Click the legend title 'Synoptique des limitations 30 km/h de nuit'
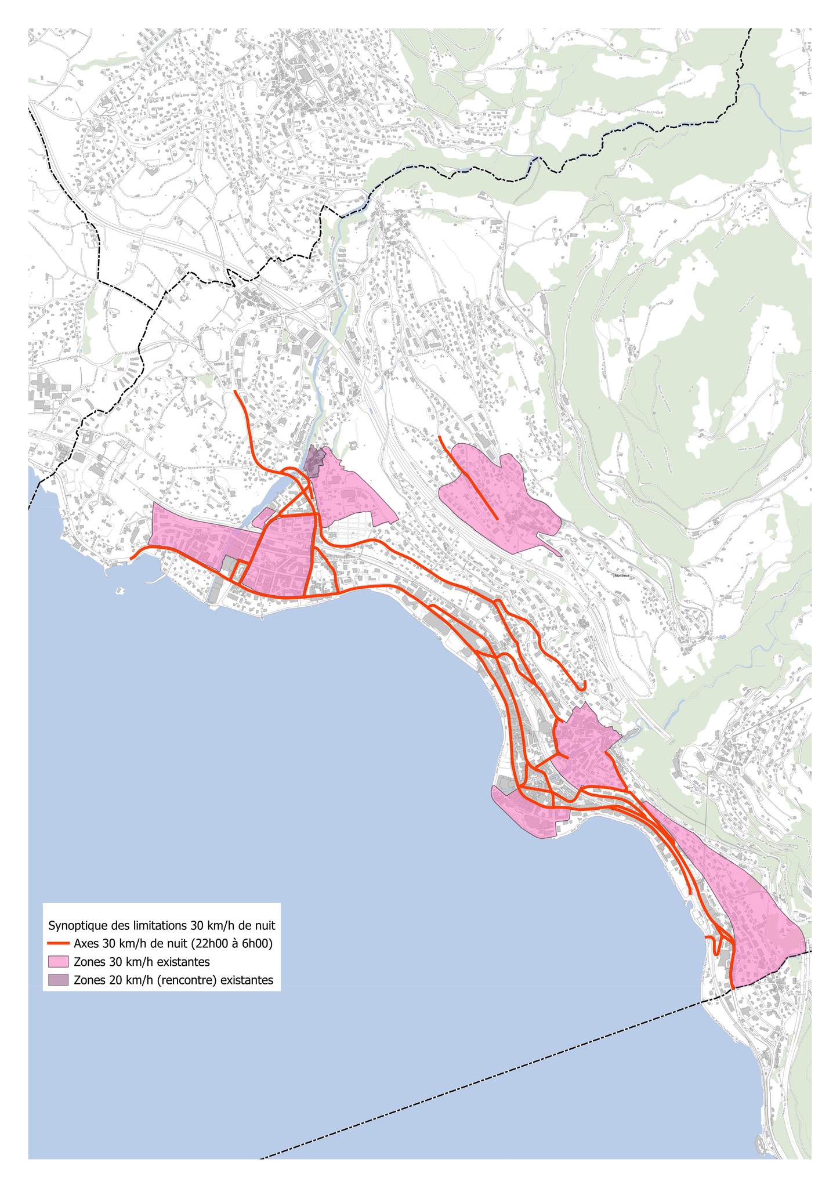tap(162, 924)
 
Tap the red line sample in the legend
tap(59, 943)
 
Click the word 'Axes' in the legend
tap(85, 943)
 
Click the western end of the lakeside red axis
tap(132, 559)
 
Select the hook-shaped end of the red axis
tap(583, 687)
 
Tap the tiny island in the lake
tap(120, 591)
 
